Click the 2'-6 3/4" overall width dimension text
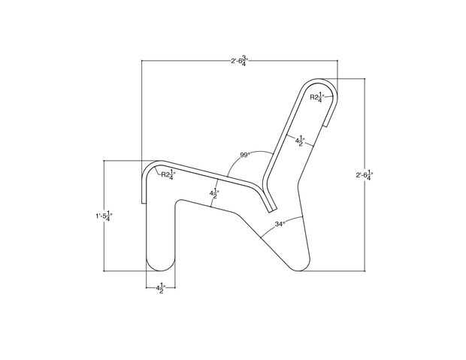pos(240,60)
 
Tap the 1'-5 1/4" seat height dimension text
pos(104,216)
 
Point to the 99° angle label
pos(246,155)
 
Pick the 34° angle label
pos(280,224)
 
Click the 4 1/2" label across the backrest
pos(300,141)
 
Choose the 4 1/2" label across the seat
pos(214,193)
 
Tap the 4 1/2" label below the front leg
pos(161,288)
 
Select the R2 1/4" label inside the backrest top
pos(317,97)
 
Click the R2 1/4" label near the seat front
pos(168,174)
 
